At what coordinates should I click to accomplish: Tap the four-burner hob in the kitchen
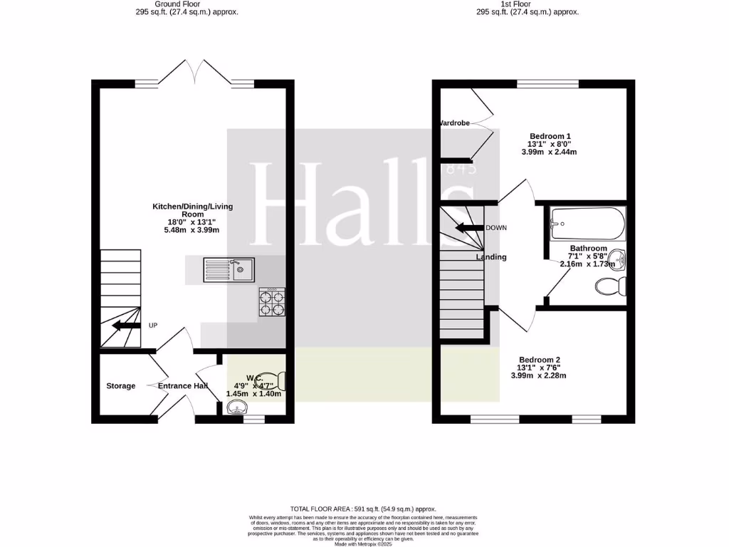(x=272, y=301)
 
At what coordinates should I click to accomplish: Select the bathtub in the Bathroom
(x=587, y=224)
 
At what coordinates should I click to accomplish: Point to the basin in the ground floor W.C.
(x=236, y=408)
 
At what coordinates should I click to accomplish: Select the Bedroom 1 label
(x=550, y=136)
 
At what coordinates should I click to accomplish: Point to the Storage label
(x=121, y=386)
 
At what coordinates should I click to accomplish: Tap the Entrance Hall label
(x=183, y=386)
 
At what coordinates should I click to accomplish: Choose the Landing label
(x=491, y=257)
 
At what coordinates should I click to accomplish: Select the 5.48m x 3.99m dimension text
(x=192, y=230)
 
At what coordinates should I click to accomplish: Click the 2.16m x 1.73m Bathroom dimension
(x=588, y=264)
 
